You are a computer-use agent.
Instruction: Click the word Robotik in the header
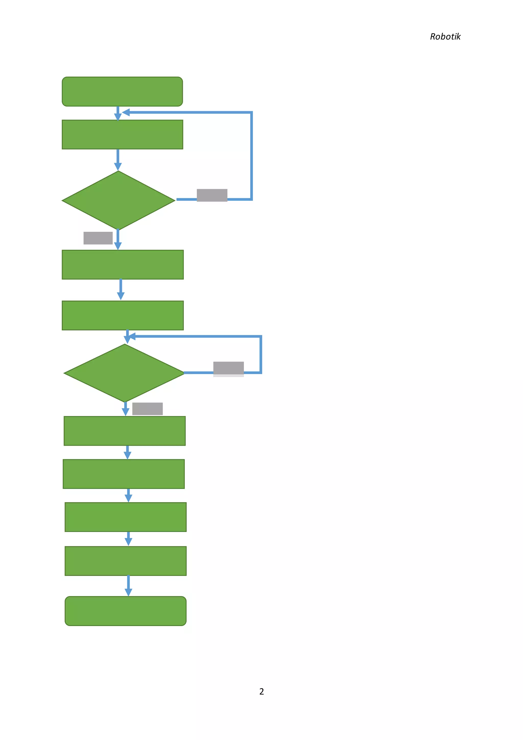click(445, 37)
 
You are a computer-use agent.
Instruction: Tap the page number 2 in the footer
click(261, 692)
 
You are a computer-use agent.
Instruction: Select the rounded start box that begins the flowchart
click(122, 91)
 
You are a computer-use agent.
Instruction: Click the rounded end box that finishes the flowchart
click(126, 611)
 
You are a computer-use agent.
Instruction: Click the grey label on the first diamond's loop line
click(212, 195)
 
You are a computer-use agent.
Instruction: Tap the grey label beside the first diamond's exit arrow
click(98, 238)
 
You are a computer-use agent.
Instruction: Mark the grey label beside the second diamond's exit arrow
click(148, 409)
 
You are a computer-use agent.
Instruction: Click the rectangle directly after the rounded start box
click(122, 135)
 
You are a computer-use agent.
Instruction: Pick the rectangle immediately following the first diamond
click(123, 265)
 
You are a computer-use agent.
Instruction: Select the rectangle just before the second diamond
click(123, 316)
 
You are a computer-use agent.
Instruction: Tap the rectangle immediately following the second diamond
click(125, 431)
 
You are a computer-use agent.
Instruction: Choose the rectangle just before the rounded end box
click(126, 561)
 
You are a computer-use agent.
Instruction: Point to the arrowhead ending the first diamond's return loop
click(126, 112)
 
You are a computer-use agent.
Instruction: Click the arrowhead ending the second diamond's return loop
click(132, 337)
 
